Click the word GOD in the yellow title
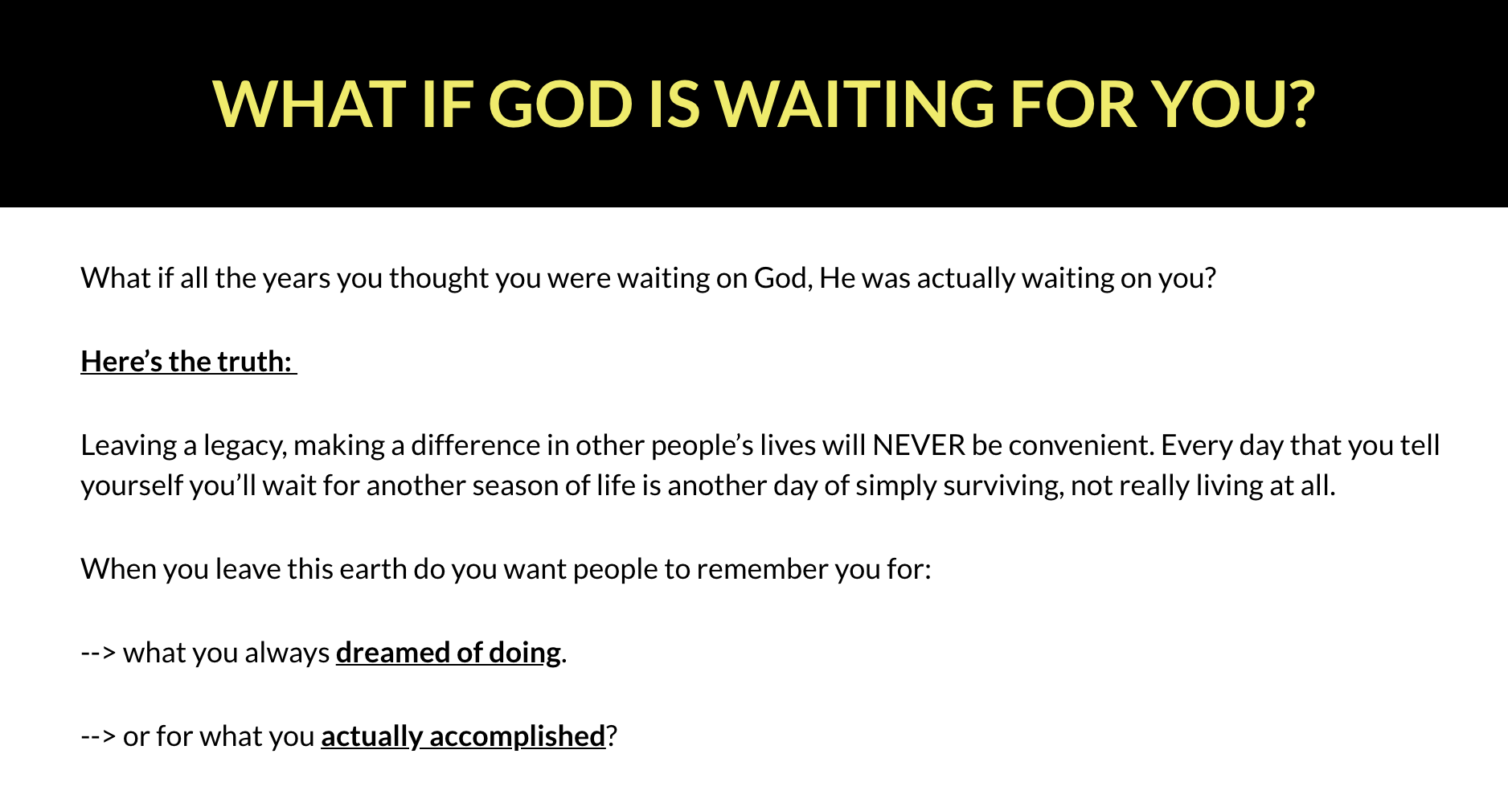coord(560,104)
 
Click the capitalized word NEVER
coord(919,445)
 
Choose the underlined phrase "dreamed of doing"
coord(449,654)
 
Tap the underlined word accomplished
coord(517,737)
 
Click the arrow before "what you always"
coord(99,654)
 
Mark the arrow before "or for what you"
coord(99,737)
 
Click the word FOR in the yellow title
coord(1074,104)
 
